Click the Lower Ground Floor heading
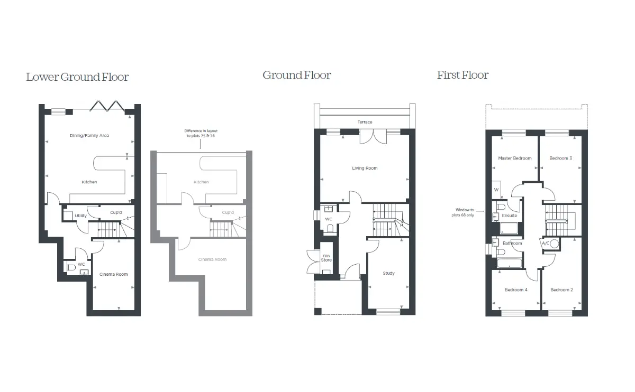click(77, 77)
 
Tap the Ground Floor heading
click(297, 76)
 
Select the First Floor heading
click(462, 75)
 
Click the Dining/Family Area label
click(89, 136)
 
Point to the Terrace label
click(365, 122)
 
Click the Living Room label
click(365, 168)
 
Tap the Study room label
click(388, 273)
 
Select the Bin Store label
click(326, 258)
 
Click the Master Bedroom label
click(515, 158)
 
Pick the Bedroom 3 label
click(561, 158)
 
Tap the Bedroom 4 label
click(516, 290)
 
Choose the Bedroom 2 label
click(561, 290)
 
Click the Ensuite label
click(510, 216)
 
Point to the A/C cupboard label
click(546, 243)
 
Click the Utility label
click(80, 216)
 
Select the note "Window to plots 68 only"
click(463, 212)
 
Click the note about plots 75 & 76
click(201, 133)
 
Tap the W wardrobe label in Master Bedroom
click(496, 190)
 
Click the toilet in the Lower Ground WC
click(71, 267)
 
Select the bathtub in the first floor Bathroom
click(510, 263)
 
